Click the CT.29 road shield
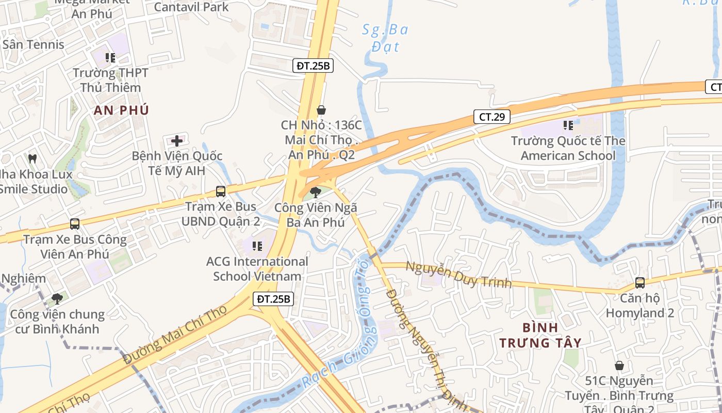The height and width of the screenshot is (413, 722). (491, 117)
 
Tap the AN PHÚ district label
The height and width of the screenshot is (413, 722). (121, 110)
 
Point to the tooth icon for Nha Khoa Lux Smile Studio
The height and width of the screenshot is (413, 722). (32, 158)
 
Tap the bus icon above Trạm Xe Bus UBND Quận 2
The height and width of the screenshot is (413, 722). (221, 192)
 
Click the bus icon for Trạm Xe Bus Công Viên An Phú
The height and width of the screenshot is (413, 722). (75, 224)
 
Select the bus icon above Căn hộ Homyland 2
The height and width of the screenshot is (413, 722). (640, 282)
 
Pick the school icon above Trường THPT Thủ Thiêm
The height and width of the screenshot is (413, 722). (110, 58)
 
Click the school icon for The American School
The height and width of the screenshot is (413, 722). (568, 125)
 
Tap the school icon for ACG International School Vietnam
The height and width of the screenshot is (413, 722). (257, 246)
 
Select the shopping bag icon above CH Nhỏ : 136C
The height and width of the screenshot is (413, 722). (321, 110)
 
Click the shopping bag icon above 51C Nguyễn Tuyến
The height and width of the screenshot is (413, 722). (619, 366)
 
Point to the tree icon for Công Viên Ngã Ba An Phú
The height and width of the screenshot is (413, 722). (315, 193)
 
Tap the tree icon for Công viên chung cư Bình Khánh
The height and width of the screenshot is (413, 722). (57, 298)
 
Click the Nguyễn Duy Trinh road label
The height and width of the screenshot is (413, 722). (458, 275)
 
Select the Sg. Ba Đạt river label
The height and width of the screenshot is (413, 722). (385, 38)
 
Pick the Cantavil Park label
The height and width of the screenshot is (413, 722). (191, 7)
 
